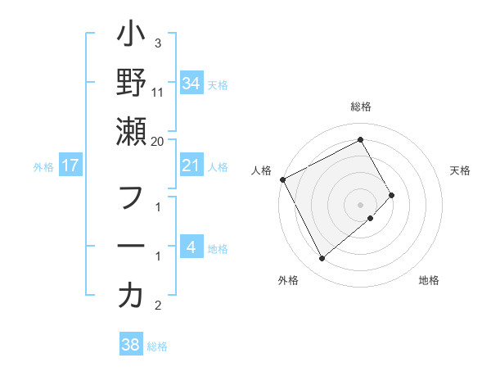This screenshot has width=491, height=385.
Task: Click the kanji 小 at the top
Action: click(131, 36)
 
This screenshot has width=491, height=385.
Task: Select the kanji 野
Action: click(131, 83)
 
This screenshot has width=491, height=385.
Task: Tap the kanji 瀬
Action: click(131, 130)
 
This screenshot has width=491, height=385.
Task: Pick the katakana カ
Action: click(131, 296)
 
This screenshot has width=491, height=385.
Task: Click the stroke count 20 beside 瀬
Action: click(158, 141)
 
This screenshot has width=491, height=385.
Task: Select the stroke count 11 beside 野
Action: click(158, 93)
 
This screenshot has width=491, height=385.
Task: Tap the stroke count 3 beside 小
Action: click(158, 43)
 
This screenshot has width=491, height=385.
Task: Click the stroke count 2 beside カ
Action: click(158, 306)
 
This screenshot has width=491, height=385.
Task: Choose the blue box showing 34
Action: click(191, 84)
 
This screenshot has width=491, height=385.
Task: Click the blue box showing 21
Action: click(191, 166)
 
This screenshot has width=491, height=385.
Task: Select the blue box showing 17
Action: click(70, 166)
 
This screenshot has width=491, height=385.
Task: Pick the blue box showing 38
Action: click(130, 346)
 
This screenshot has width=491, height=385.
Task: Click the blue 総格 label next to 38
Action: click(157, 346)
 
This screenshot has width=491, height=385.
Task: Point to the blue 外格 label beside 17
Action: click(43, 167)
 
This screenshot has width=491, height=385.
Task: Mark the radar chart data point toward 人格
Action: click(282, 179)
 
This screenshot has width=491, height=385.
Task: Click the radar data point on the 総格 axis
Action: click(361, 139)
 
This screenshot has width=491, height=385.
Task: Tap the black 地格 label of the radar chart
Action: click(429, 281)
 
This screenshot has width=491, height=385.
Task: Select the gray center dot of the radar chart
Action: click(361, 203)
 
